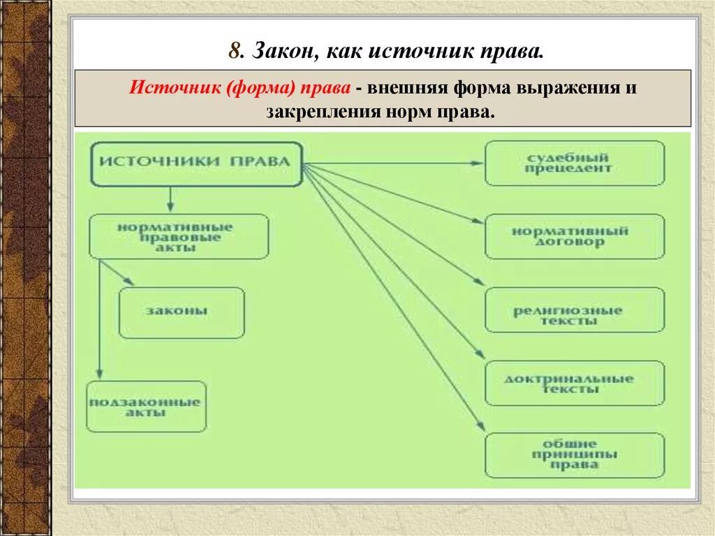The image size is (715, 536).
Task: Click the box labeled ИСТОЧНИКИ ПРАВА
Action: (197, 164)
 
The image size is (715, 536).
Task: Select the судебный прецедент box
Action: (575, 164)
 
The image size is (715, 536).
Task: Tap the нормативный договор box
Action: (575, 237)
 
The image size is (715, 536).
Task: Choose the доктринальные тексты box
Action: (575, 383)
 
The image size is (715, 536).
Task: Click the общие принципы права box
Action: (575, 455)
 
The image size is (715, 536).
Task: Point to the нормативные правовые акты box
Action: (179, 236)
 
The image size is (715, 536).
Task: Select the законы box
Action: (182, 312)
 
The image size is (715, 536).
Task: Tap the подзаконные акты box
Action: (147, 406)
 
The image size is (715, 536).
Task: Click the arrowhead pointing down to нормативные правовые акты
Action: (170, 208)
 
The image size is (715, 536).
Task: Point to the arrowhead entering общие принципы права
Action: (480, 427)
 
